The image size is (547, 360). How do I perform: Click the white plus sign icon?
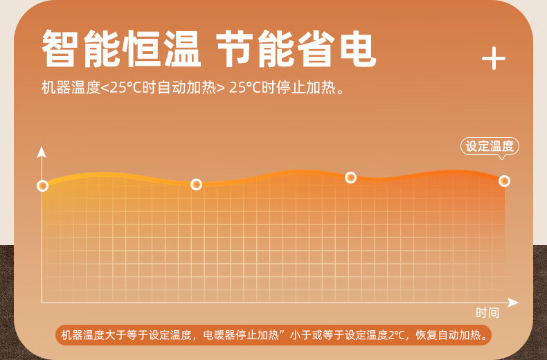coord(494,58)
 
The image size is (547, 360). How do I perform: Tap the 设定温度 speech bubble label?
coord(490,146)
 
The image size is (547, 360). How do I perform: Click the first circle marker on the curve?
coord(42,186)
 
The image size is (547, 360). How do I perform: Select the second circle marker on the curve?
coord(197,184)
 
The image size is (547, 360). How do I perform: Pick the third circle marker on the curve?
coord(350,177)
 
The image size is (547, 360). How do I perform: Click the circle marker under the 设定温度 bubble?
coord(504,181)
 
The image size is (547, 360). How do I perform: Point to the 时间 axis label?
coord(487,312)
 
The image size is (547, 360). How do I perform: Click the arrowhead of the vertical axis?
coord(42,152)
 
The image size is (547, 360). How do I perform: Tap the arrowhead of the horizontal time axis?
coord(513,303)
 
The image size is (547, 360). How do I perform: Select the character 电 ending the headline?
coord(358,48)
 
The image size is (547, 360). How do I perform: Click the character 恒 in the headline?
coord(143,48)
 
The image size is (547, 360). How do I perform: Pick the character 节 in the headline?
coord(234,48)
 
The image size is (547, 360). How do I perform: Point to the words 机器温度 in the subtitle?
coord(71,87)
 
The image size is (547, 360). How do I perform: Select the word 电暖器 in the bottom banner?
coord(219,335)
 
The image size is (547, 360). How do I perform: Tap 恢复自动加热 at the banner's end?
coord(448,335)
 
